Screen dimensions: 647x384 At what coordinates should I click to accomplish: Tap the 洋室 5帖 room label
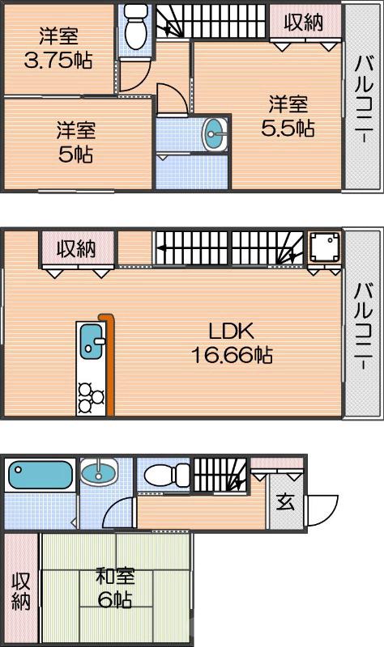tap(75, 142)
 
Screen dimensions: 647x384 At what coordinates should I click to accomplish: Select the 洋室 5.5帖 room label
tap(288, 116)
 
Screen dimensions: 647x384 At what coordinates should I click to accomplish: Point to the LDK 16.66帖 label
tap(232, 342)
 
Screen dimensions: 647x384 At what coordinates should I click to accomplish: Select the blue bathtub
tap(41, 474)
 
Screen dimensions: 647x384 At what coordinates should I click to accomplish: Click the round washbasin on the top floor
tap(215, 135)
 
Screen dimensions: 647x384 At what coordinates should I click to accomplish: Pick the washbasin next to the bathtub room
tap(99, 472)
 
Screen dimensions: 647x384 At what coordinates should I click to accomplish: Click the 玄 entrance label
tap(285, 502)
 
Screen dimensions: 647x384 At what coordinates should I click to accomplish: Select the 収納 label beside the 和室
tap(21, 591)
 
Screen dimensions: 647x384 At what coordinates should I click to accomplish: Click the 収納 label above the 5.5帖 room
tap(303, 22)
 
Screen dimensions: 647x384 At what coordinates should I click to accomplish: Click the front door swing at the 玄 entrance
tap(322, 510)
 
